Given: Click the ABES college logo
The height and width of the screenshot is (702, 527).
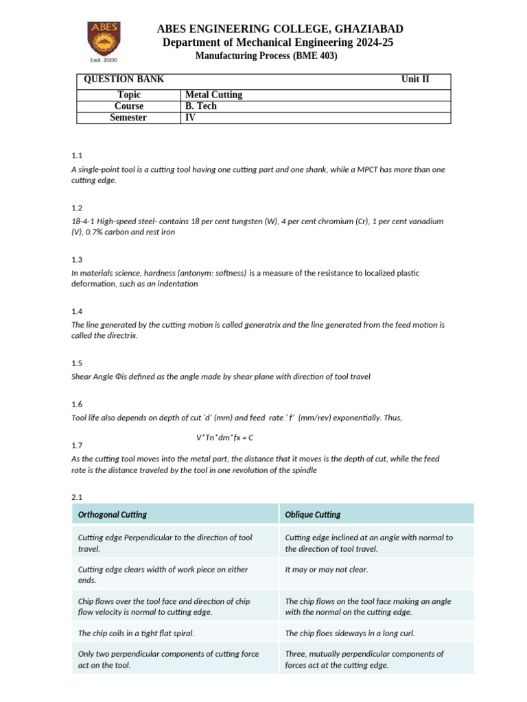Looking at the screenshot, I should point(102,42).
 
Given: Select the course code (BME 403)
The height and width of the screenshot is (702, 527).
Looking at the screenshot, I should point(314,56).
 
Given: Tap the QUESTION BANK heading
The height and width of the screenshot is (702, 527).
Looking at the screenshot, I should point(124,80).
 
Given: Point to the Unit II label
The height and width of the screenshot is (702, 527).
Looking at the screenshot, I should point(415,80).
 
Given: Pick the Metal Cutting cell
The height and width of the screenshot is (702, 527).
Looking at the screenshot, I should point(214,95).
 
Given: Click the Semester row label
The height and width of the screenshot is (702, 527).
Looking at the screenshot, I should point(128,117).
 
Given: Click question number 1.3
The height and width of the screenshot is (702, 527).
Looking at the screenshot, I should point(77,260).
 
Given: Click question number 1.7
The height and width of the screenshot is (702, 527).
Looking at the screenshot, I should point(77,446).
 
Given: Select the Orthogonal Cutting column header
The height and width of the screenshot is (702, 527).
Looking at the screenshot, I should point(113,514).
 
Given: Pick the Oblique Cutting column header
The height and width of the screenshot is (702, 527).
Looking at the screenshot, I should point(313,514).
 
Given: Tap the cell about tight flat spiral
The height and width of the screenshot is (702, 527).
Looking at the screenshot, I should point(141,633).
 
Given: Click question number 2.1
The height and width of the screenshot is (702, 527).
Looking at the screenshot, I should point(77,496).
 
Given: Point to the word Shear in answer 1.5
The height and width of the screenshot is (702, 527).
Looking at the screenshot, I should point(82,376).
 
